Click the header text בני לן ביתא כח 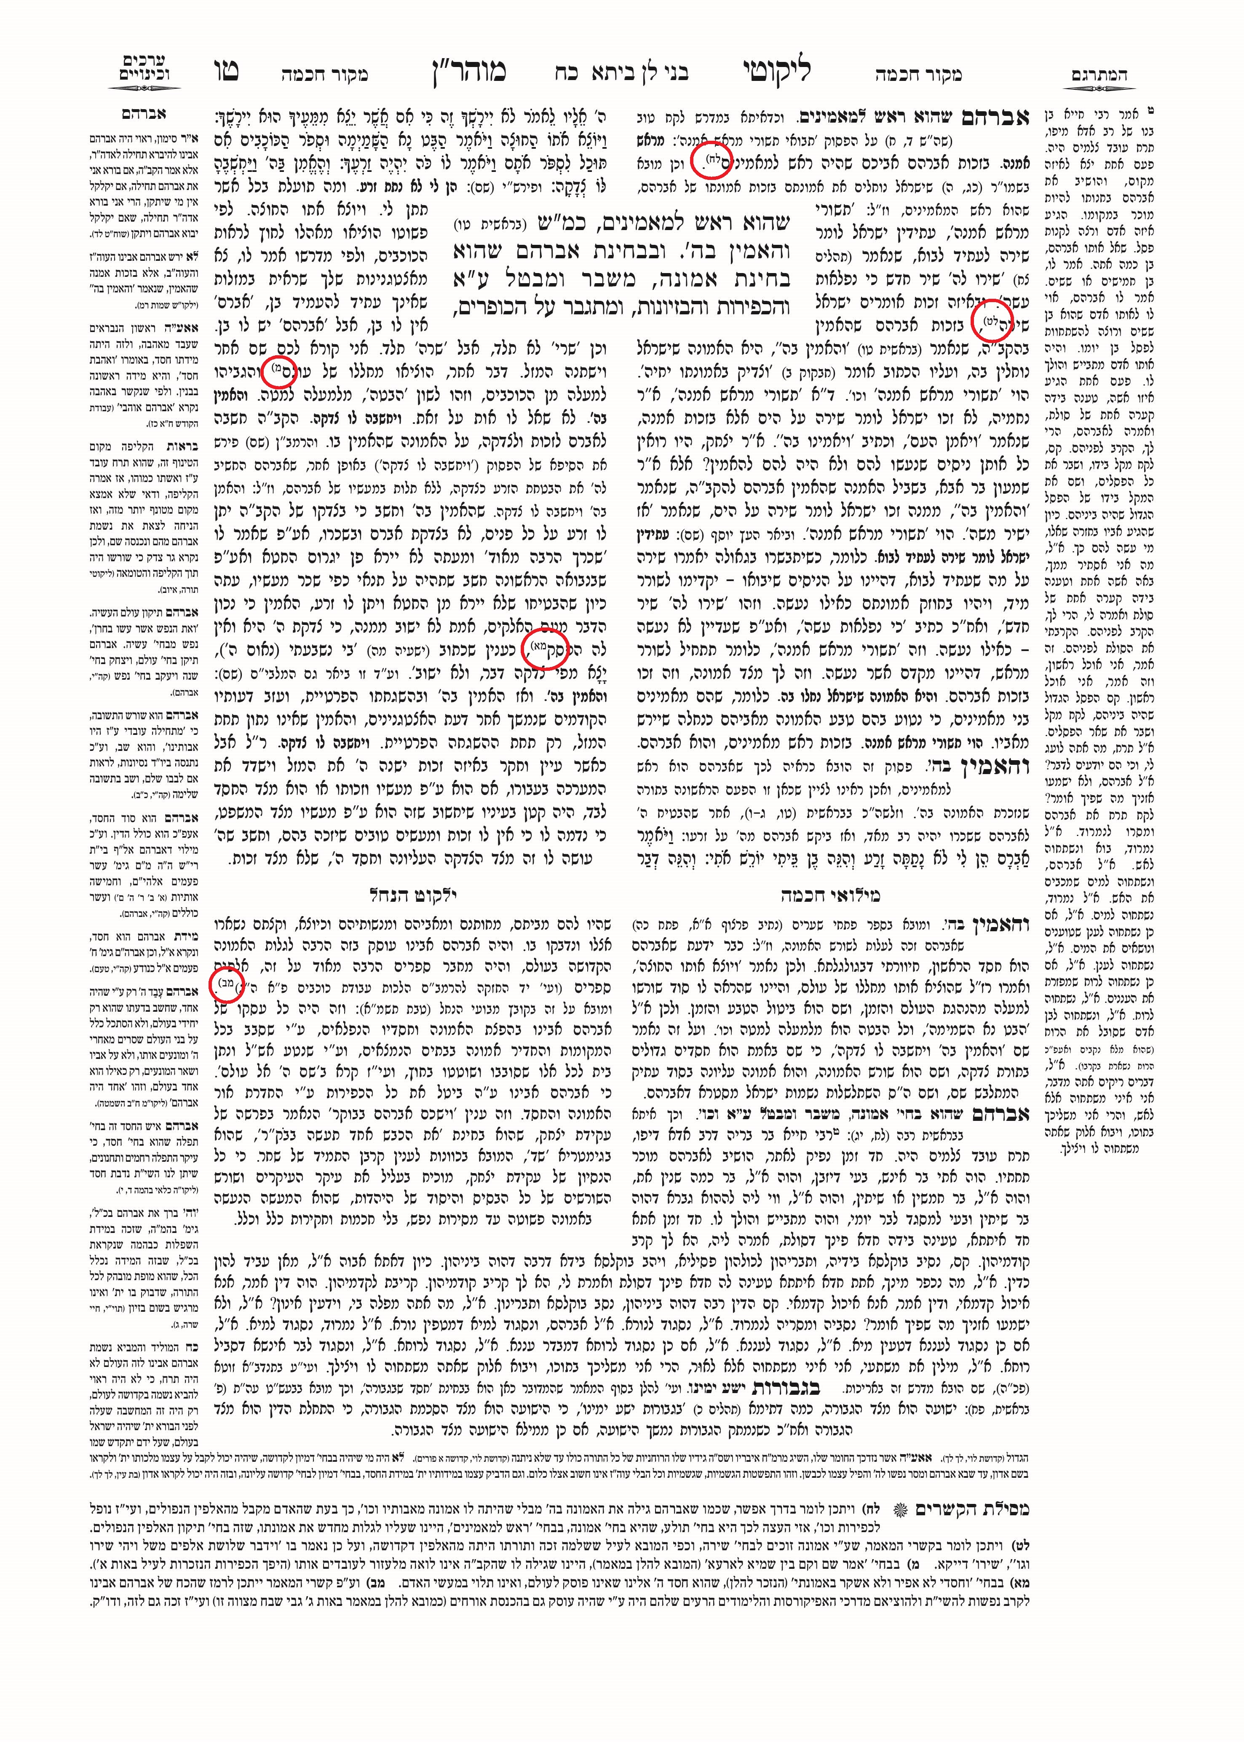(622, 74)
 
